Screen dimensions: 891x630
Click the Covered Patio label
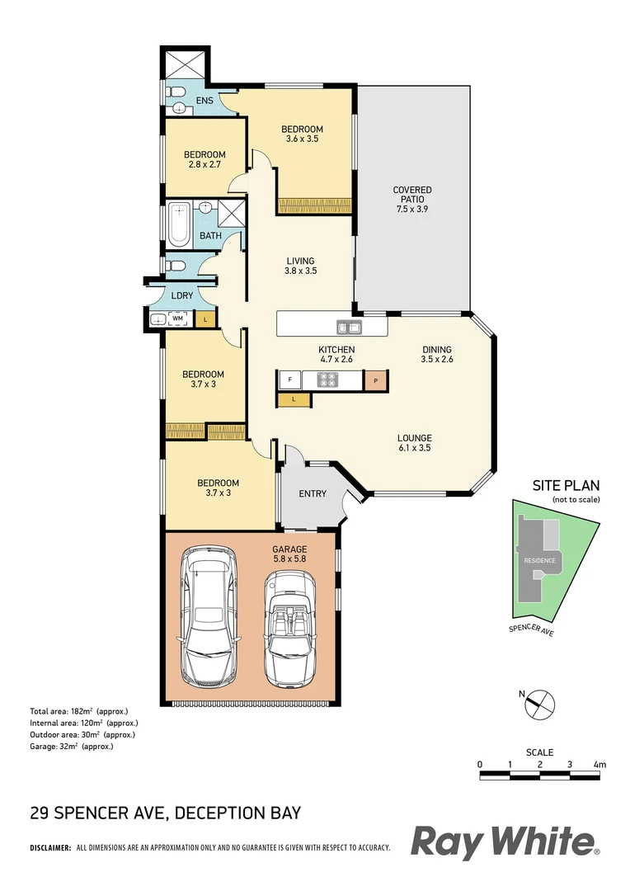tap(411, 200)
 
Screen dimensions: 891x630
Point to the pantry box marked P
tap(375, 380)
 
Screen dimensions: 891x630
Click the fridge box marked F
tap(289, 380)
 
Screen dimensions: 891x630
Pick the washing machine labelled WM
tap(177, 318)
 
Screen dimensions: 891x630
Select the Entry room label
tap(313, 494)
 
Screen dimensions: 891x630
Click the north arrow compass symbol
tap(540, 704)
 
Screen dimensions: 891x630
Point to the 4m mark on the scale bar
tap(599, 765)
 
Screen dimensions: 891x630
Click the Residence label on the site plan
tap(539, 561)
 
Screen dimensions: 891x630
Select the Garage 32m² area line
tap(71, 746)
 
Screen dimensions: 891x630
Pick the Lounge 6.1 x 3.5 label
tap(413, 443)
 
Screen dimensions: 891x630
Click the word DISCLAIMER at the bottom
tap(50, 847)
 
